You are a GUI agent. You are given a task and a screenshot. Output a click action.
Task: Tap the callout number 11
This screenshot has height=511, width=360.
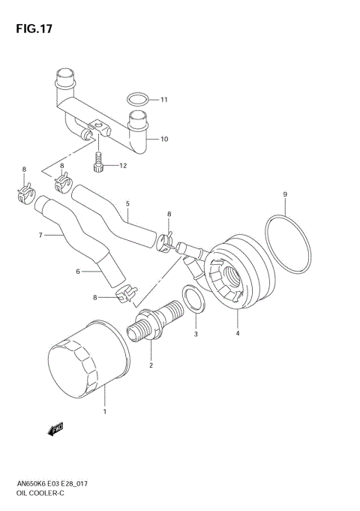164,100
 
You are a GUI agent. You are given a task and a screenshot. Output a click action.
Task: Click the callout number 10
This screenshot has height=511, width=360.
164,140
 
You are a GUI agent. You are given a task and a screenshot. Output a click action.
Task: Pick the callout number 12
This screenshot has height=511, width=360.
124,165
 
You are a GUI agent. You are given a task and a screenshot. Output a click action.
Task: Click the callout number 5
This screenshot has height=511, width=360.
127,203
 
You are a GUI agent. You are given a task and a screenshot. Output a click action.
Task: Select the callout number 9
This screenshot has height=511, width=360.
285,196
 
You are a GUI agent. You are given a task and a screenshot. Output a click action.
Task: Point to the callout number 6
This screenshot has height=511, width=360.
76,272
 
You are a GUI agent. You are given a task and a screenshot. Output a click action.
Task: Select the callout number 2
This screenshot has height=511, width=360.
151,365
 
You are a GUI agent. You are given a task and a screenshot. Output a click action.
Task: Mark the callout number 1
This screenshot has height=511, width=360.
105,411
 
